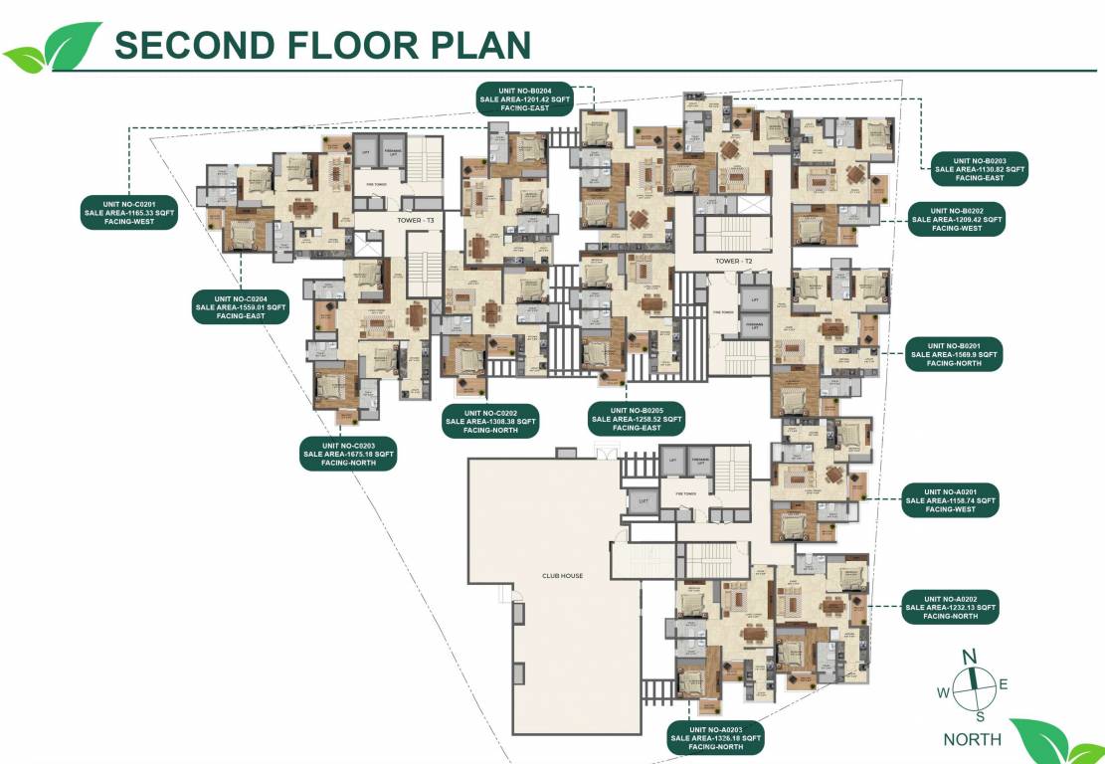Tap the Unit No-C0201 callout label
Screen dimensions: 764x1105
pos(129,213)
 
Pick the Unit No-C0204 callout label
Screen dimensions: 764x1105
pos(241,307)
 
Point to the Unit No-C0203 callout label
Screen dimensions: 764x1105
pos(348,454)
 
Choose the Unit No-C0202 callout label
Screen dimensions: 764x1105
pos(491,421)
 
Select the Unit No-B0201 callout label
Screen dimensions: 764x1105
pos(954,354)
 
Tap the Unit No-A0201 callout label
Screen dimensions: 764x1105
pos(950,500)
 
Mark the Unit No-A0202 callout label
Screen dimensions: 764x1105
pos(950,607)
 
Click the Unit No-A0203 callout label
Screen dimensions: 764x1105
pos(716,738)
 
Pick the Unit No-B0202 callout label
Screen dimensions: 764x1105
pos(956,220)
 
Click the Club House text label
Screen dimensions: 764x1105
pos(562,575)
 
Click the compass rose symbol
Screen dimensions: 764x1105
pos(975,685)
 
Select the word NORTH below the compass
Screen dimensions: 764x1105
pos(972,739)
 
